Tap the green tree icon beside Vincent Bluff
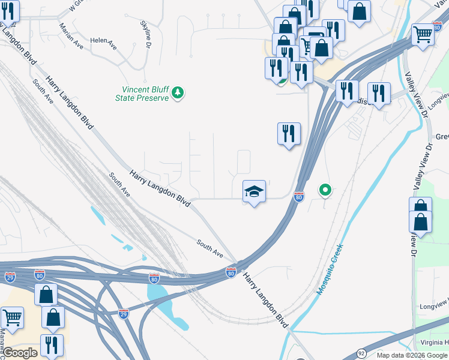178,93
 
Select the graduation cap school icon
254,192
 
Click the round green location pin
325,191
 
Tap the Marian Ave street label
71,37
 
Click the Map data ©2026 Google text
412,355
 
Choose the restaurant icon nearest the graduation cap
289,133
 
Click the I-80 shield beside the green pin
299,196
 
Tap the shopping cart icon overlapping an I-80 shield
423,35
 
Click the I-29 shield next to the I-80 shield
10,277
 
